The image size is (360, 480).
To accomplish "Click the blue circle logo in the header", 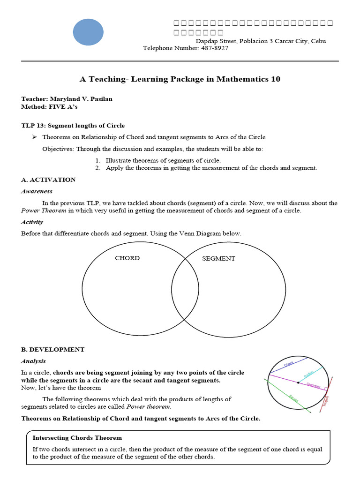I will (88, 32).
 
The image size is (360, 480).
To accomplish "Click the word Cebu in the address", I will (318, 41).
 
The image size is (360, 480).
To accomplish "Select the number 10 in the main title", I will (276, 79).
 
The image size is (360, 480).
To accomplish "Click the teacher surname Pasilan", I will (100, 99).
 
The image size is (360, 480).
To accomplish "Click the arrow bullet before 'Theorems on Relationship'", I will (34, 137).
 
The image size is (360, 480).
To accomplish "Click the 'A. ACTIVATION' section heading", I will (48, 180).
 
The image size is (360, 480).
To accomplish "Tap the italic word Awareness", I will (37, 191).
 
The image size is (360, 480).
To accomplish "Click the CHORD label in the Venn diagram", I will (127, 258).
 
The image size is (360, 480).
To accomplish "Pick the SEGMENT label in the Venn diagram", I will (218, 259).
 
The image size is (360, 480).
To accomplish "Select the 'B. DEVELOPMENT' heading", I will (53, 349).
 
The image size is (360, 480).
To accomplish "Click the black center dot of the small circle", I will (298, 383).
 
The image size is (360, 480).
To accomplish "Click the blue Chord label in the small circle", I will (289, 364).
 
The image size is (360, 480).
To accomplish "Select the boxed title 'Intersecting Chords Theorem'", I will (77, 438).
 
